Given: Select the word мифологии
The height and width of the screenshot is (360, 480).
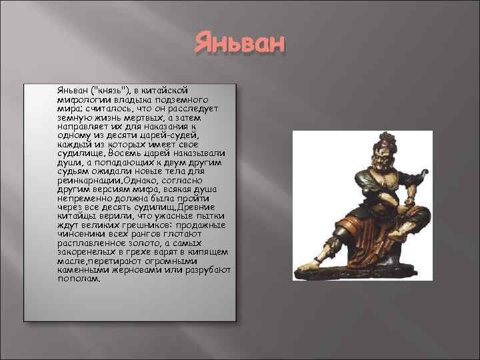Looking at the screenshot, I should [x=81, y=99].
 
